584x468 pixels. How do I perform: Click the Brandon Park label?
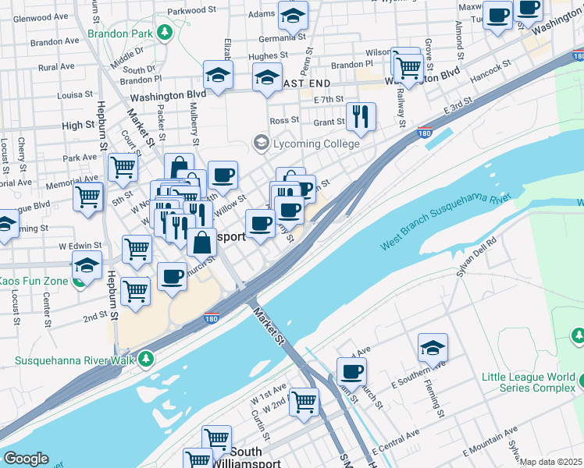119,34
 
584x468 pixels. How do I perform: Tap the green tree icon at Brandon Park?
165,31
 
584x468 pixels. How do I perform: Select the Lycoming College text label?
315,144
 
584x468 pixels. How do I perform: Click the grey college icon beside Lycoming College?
260,143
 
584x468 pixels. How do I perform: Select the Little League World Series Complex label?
529,382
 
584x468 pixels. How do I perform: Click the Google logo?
26,459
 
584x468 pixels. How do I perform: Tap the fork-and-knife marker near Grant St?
361,116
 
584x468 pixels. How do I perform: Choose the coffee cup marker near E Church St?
351,371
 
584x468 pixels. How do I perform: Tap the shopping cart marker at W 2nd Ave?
304,402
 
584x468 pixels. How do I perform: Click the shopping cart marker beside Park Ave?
123,166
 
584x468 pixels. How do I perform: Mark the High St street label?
78,125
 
